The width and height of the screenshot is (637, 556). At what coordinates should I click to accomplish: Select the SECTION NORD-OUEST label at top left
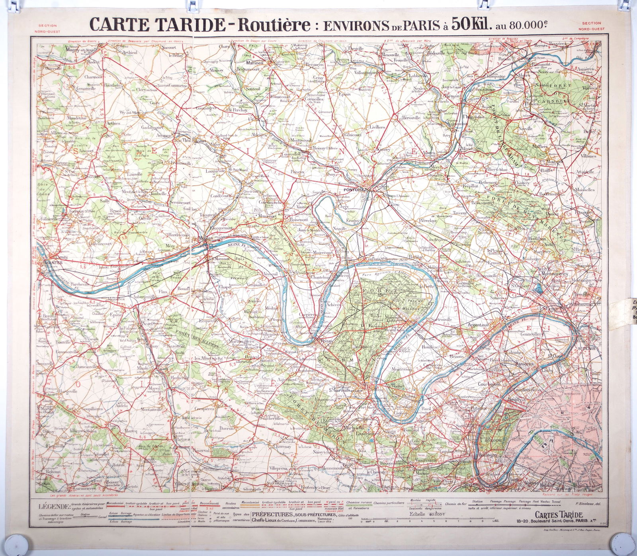[x=45, y=27]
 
